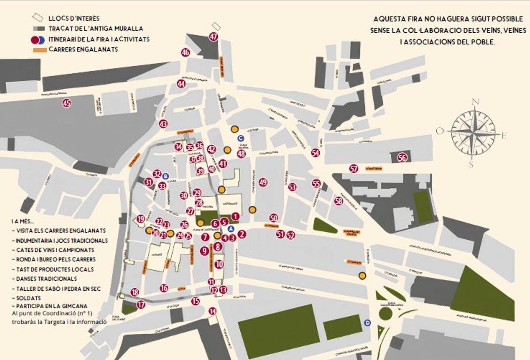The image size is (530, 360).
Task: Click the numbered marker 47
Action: [214, 37]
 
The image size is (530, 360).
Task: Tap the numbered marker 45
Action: [67, 103]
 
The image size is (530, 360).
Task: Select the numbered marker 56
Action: [402, 158]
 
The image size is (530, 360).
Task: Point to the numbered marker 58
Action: [339, 201]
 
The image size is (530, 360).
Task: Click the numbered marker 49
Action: [263, 182]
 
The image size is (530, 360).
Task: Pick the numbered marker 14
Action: [213, 311]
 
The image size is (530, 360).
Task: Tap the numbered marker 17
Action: [141, 304]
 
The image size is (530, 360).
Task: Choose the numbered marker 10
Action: [219, 264]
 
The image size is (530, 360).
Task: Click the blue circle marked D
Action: [367, 323]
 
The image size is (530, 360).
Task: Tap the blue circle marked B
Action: [166, 176]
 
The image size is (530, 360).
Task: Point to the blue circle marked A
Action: [230, 229]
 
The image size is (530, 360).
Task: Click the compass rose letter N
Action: [476, 102]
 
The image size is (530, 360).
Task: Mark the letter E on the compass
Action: [504, 136]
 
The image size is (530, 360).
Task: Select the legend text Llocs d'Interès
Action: [74, 19]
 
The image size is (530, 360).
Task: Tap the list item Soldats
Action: [28, 298]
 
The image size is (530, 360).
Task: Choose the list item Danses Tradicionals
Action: [46, 279]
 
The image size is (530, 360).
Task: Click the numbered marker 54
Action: [315, 153]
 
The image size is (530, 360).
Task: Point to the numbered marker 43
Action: [163, 124]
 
